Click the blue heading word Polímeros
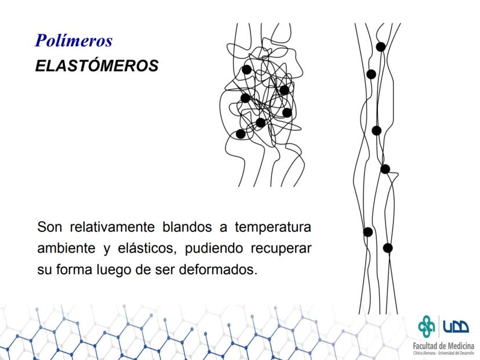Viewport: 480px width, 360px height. tap(74, 41)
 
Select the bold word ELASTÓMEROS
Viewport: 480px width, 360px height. tap(97, 66)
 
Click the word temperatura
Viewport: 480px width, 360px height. tap(273, 227)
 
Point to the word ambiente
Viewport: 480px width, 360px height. tap(66, 248)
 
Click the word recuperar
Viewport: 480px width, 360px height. tap(281, 249)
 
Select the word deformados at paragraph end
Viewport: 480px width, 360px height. tap(218, 270)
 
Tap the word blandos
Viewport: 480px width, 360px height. tap(187, 227)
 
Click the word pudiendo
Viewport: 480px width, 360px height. tap(214, 249)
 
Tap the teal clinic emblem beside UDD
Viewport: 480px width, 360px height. tap(427, 326)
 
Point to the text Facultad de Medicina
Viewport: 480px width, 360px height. tap(443, 346)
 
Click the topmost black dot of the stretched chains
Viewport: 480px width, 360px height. tap(381, 47)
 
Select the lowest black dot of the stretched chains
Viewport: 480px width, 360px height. tap(388, 248)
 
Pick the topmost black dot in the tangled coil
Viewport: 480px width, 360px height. tap(246, 70)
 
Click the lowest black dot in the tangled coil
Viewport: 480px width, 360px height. tap(241, 134)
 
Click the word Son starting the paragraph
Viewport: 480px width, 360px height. tap(49, 227)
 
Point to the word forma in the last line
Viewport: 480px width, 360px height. tap(74, 270)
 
